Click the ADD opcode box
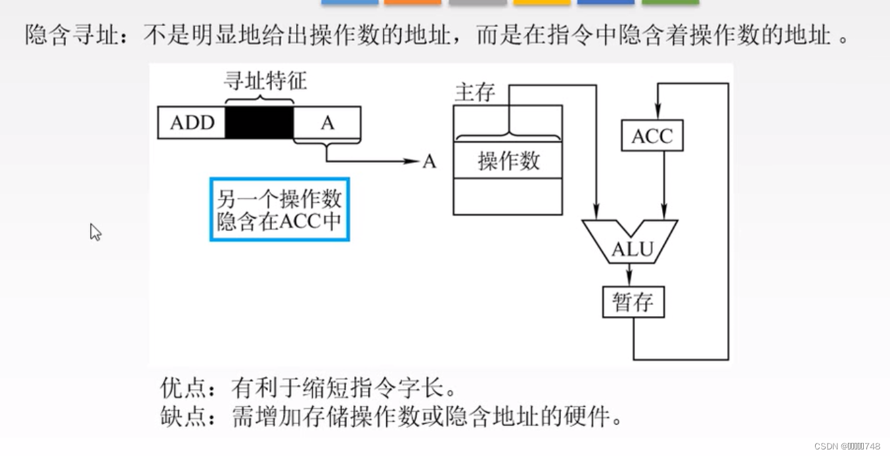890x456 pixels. [x=192, y=123]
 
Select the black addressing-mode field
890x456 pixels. [x=259, y=123]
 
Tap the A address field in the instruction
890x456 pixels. [x=327, y=123]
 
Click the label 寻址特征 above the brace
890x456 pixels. [x=265, y=81]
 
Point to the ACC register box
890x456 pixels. [x=652, y=136]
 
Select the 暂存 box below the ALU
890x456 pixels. [x=633, y=302]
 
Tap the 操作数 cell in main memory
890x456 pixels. [x=508, y=160]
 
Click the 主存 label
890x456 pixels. [x=474, y=93]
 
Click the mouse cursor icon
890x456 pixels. [x=95, y=231]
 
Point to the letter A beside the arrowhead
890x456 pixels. [x=429, y=161]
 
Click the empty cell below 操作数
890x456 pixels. [x=508, y=196]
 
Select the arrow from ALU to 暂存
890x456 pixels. [x=629, y=273]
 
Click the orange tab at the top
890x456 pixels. [x=412, y=3]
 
